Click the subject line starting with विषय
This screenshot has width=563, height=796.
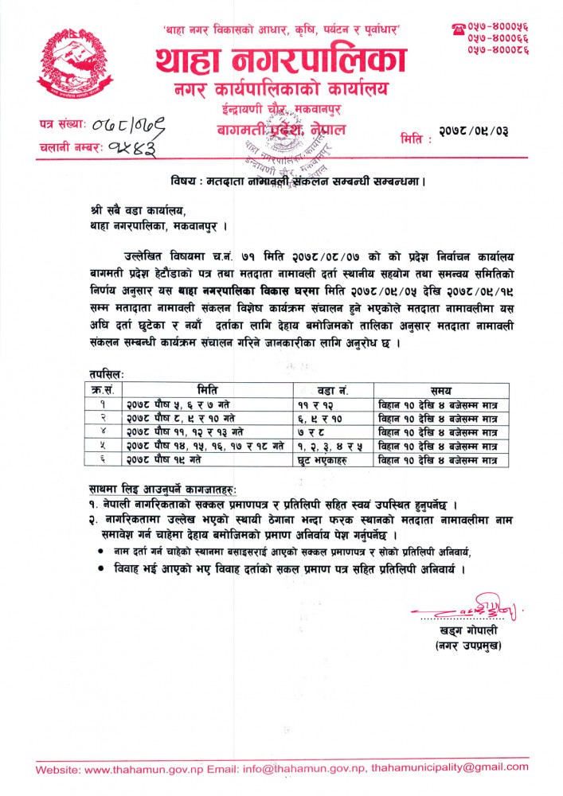pyautogui.click(x=298, y=181)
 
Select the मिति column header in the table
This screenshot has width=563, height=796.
pyautogui.click(x=209, y=389)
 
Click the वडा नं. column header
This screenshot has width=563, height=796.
pyautogui.click(x=333, y=389)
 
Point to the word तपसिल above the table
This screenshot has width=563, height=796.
pyautogui.click(x=108, y=373)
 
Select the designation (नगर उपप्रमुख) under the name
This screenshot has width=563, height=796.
pyautogui.click(x=467, y=645)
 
